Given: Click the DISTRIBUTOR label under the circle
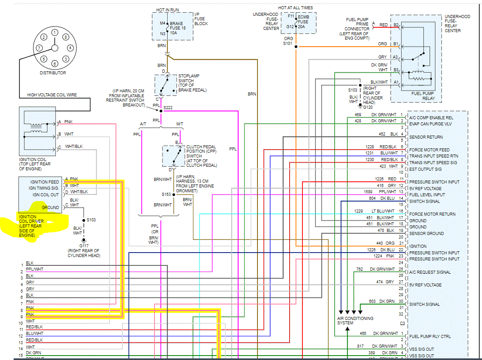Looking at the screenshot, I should (53, 73).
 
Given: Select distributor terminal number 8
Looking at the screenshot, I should (65, 37).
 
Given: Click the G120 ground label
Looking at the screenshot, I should (368, 107).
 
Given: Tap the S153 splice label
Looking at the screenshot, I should (166, 194).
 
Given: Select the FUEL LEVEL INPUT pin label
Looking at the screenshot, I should (427, 195).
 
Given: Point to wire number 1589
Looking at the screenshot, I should (368, 192).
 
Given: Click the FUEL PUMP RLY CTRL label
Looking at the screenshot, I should (430, 337).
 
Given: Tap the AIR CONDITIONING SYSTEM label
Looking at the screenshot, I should (355, 320).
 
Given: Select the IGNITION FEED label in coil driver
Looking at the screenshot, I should (44, 182).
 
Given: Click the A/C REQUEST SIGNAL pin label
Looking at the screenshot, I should (430, 272).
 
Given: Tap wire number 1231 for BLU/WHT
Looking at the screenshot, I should (368, 153).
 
